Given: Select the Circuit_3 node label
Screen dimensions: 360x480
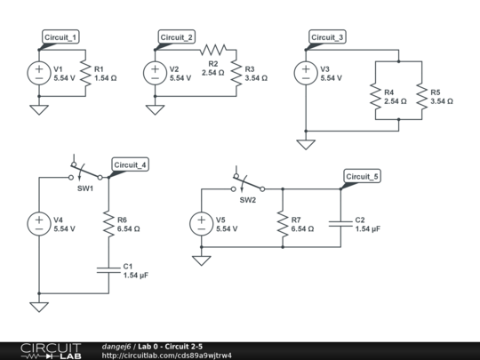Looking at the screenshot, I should [x=327, y=37].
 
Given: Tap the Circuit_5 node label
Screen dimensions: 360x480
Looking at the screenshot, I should [x=362, y=177].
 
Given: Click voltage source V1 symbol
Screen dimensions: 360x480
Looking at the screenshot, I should [x=38, y=73].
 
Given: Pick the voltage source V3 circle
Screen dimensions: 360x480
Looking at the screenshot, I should [x=305, y=73].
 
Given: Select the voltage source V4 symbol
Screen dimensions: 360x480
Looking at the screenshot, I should [x=38, y=224].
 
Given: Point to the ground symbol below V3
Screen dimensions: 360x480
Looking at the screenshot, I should [x=305, y=145].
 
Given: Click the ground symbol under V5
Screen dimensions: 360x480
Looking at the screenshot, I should [x=202, y=260].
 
